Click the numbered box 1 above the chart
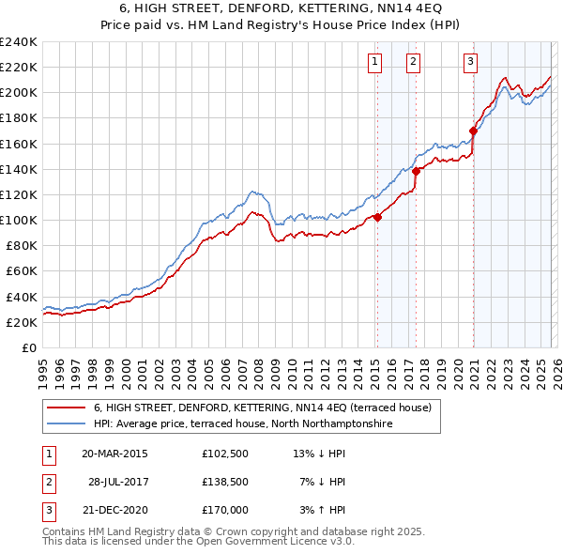click(x=375, y=63)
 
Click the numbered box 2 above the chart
click(x=414, y=63)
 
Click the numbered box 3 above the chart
click(x=470, y=63)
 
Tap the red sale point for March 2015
click(x=377, y=217)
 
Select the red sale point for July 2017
click(x=416, y=171)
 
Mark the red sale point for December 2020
click(x=473, y=131)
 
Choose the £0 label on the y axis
click(x=29, y=347)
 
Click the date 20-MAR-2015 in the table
click(x=114, y=454)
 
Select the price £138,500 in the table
click(x=225, y=482)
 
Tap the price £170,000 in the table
click(x=225, y=510)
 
